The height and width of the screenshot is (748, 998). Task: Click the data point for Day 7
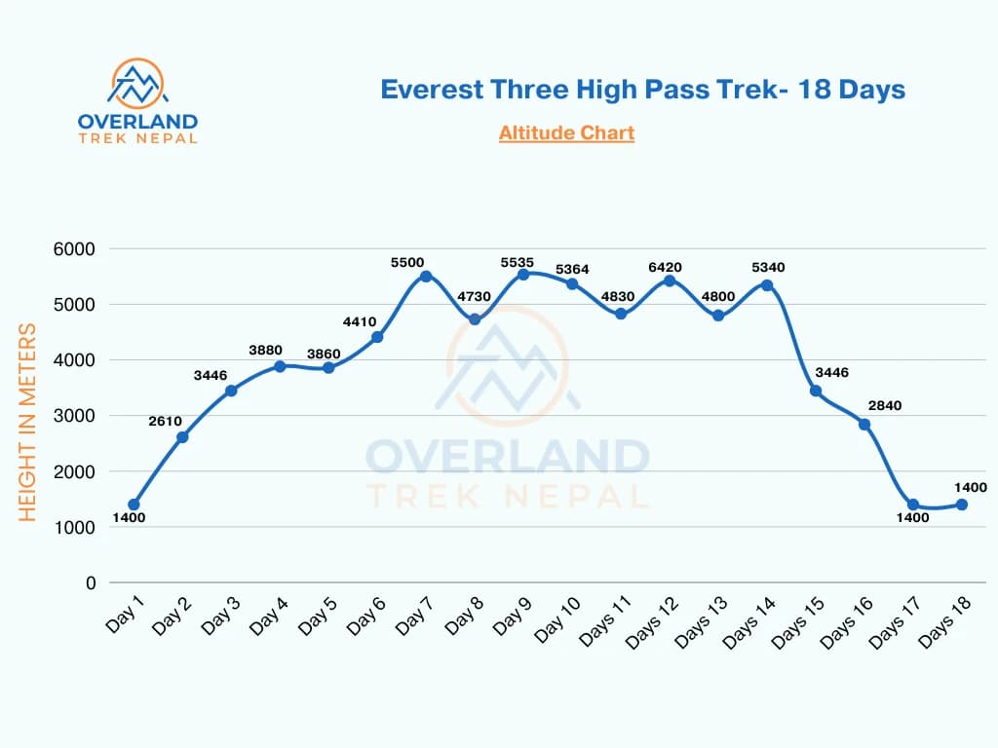click(426, 277)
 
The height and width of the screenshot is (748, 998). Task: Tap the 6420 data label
click(669, 267)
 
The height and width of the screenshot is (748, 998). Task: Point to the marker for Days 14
click(767, 285)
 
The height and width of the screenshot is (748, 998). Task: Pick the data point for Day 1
click(134, 505)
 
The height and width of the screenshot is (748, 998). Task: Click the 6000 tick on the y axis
click(74, 249)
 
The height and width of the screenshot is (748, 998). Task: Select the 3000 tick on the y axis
click(74, 416)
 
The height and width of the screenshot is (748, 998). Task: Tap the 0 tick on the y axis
click(91, 582)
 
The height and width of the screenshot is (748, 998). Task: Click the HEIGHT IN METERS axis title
click(27, 422)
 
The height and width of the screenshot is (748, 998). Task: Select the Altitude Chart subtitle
click(566, 132)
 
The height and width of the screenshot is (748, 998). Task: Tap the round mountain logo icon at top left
click(137, 84)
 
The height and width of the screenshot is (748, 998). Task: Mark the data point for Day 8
click(475, 319)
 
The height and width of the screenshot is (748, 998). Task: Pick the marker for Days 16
click(864, 425)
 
